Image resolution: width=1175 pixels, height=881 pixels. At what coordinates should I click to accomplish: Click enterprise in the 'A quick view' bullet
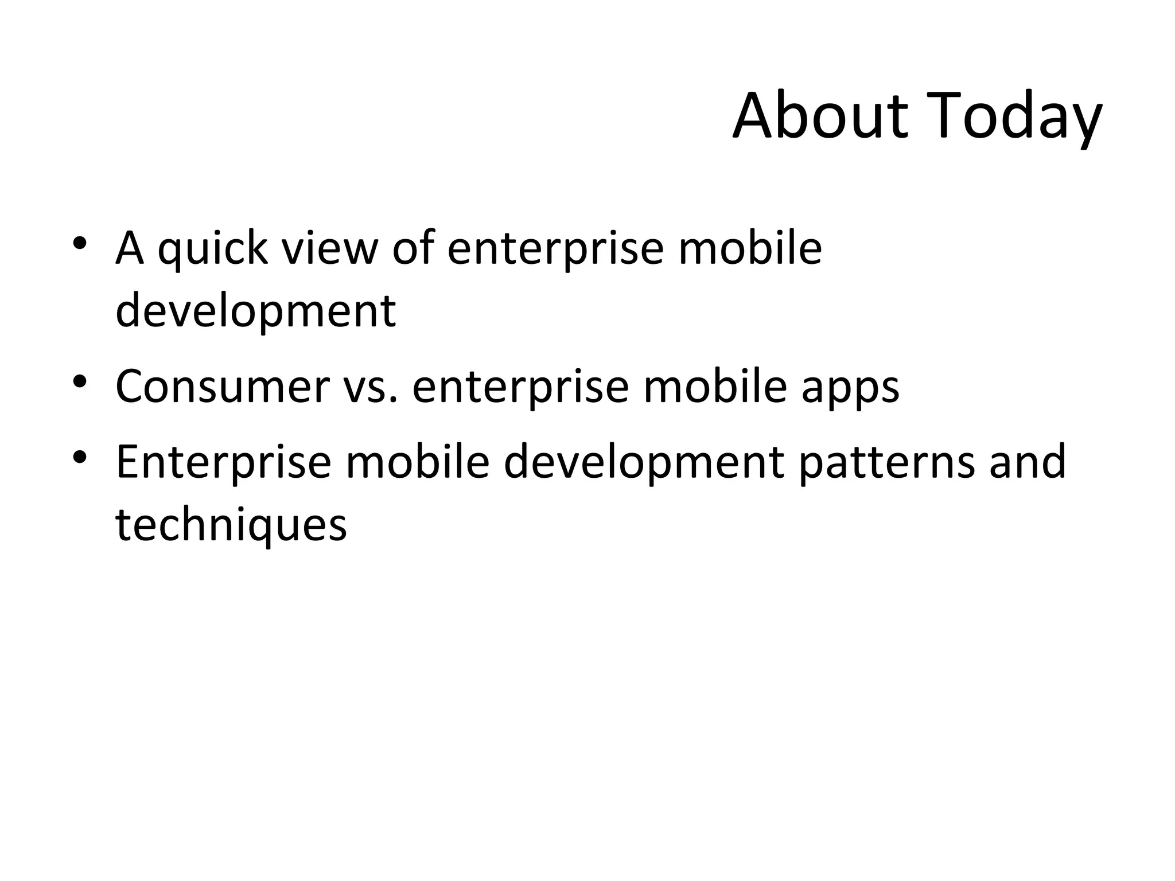pyautogui.click(x=555, y=251)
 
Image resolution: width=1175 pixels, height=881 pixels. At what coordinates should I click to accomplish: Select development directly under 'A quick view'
pyautogui.click(x=255, y=311)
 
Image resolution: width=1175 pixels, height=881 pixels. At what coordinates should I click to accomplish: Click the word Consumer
pyautogui.click(x=223, y=387)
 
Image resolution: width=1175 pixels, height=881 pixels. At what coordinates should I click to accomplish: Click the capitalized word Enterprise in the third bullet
pyautogui.click(x=224, y=463)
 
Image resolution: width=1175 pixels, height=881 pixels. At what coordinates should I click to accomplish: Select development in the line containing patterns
pyautogui.click(x=643, y=463)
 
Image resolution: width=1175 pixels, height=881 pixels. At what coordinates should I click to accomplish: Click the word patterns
pyautogui.click(x=886, y=462)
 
